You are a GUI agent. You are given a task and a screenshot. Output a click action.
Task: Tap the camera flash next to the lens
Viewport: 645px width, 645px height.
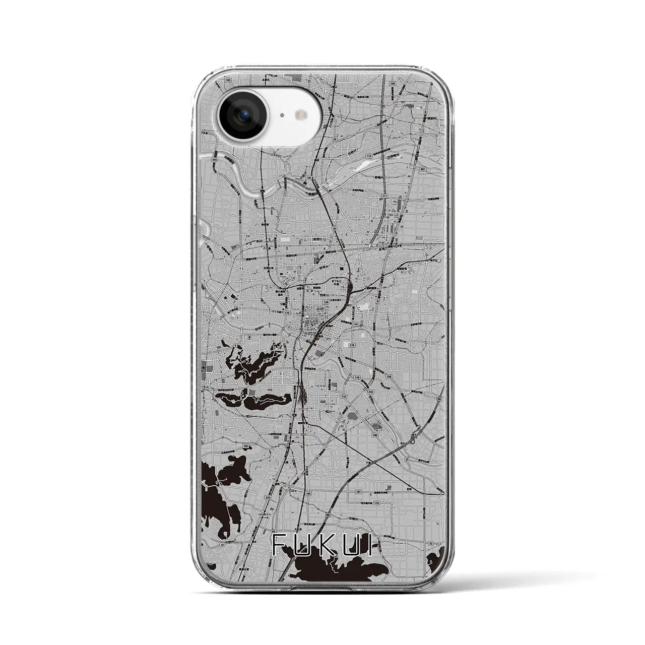point(303,115)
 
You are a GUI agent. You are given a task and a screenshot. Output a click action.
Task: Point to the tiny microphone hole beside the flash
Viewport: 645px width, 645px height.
point(282,115)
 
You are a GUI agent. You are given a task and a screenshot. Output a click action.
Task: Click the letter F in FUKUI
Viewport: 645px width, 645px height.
point(279,545)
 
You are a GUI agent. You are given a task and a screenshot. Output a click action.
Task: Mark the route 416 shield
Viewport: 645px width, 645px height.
point(215,159)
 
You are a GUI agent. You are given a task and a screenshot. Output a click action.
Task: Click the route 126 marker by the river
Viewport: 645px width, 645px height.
point(308,178)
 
